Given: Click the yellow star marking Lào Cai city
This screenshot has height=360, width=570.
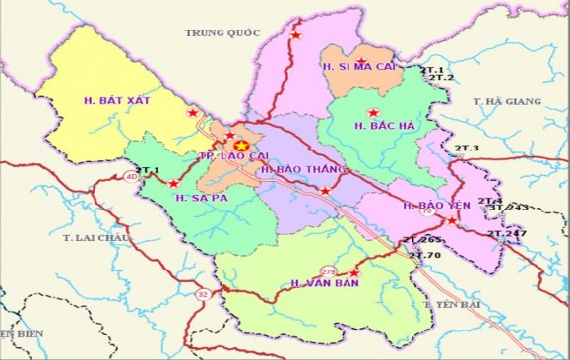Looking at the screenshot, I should point(240,146).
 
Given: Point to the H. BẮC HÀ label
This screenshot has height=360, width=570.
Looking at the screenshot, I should point(382,126).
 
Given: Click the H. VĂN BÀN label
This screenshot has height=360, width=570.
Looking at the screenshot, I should point(322,283).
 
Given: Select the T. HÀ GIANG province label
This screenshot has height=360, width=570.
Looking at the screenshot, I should point(507,101).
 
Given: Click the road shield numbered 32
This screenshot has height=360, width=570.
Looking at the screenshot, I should point(203,293).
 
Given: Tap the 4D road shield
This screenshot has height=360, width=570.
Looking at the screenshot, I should point(133,177).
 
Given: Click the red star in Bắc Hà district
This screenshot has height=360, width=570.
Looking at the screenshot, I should point(372,112).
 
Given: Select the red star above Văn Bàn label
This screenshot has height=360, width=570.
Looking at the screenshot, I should point(355,270).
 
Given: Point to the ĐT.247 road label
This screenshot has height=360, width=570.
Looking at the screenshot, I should point(508,233).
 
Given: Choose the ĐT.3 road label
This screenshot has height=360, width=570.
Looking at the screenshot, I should point(466,148).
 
